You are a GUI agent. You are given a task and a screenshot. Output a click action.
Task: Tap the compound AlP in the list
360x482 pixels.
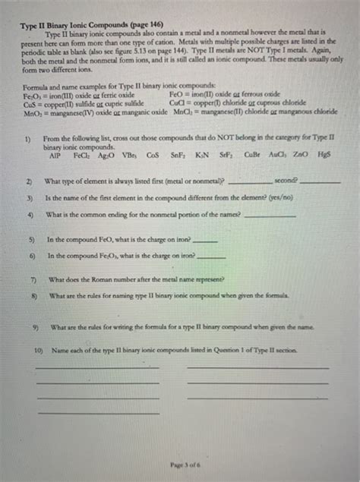point(55,155)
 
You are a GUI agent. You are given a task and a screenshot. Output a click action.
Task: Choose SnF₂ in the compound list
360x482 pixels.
point(178,155)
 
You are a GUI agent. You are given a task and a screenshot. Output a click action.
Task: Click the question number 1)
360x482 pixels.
point(28,139)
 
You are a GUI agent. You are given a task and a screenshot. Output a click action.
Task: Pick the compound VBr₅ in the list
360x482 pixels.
point(127,155)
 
